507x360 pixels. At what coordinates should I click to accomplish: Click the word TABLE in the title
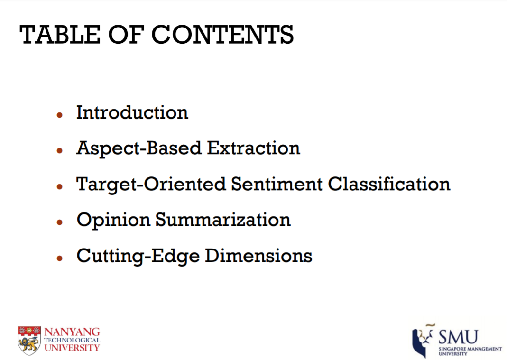(60, 34)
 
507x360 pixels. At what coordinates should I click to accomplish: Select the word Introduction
(132, 112)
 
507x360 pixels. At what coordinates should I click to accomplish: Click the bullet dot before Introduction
(59, 115)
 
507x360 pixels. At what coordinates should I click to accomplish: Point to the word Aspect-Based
(139, 149)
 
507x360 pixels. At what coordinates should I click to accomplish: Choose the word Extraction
(253, 148)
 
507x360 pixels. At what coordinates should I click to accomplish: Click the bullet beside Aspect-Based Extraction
(59, 150)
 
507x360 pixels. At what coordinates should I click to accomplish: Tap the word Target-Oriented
(151, 185)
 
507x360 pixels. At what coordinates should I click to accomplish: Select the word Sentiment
(277, 184)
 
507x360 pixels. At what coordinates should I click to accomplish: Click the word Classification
(389, 184)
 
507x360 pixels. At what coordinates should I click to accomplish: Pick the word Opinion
(113, 221)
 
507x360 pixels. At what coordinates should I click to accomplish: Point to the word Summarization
(223, 220)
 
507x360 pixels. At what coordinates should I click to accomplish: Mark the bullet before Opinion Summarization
(59, 222)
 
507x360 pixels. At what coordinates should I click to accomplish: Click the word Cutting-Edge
(138, 257)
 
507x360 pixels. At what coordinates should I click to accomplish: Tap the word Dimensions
(258, 256)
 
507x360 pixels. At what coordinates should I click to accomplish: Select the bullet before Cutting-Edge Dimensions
(59, 258)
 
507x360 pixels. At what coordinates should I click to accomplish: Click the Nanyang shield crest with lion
(29, 340)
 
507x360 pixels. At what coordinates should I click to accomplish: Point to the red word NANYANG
(72, 332)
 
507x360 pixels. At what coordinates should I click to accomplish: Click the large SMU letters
(458, 337)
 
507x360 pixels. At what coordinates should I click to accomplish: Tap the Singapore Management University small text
(470, 351)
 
